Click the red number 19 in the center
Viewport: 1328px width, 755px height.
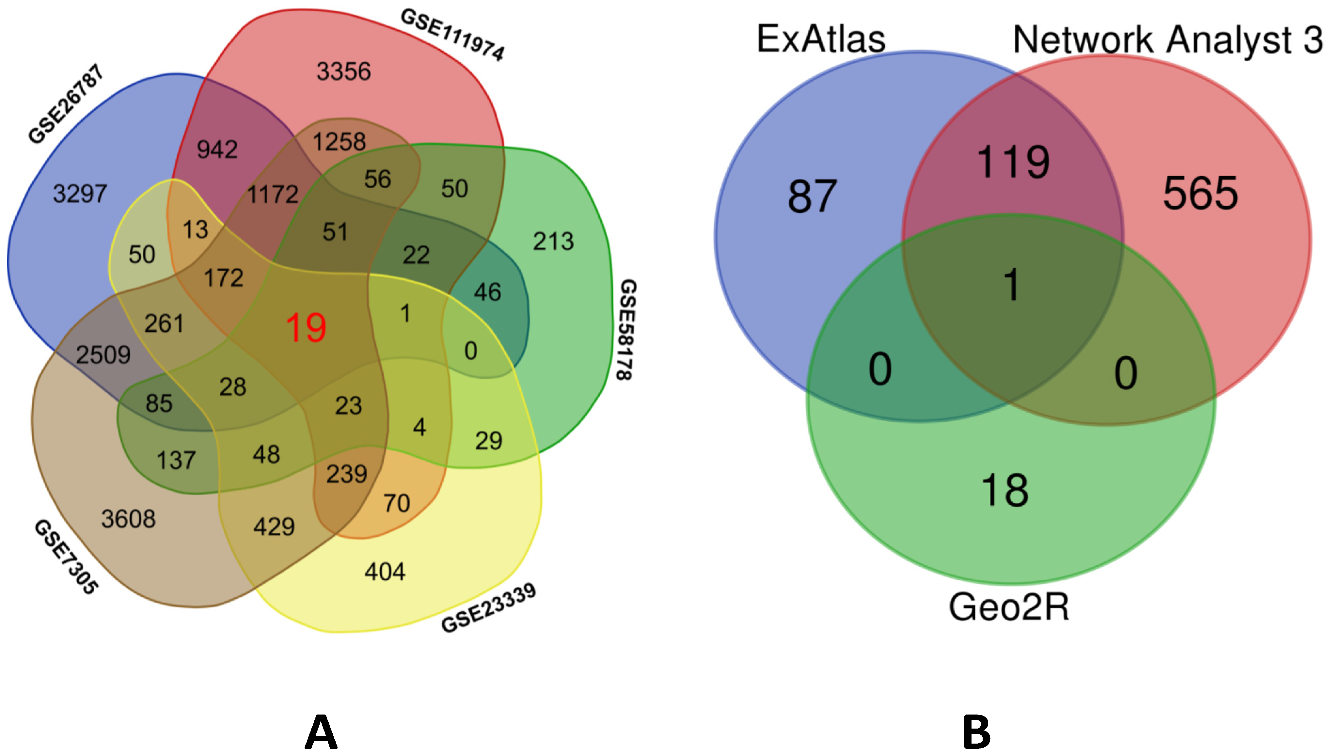(306, 328)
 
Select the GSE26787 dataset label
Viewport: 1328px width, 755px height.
(66, 104)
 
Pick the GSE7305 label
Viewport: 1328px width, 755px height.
(66, 557)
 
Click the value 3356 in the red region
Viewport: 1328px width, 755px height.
(344, 71)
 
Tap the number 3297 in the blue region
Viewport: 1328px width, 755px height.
(80, 194)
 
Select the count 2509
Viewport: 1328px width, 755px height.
(103, 355)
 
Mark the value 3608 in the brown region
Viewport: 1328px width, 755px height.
(128, 519)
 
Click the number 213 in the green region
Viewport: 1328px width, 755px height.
(553, 242)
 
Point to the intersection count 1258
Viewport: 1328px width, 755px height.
(339, 142)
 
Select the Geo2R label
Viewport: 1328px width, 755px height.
(1009, 607)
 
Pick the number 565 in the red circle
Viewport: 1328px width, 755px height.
(1200, 194)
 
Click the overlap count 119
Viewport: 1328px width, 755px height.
(1013, 162)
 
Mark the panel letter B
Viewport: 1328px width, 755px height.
(976, 732)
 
